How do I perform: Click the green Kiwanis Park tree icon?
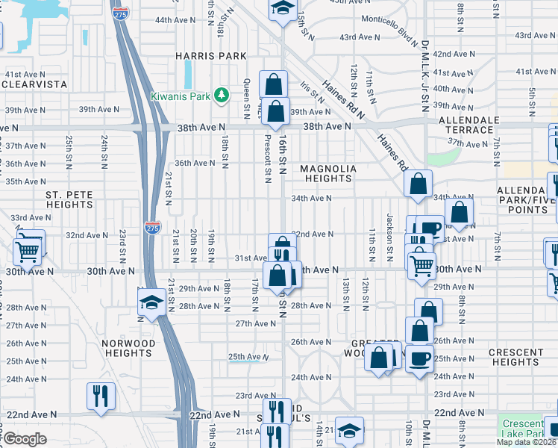click(221, 95)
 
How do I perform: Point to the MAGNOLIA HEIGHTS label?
click(328, 173)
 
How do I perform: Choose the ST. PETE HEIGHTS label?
click(69, 199)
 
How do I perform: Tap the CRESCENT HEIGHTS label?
click(515, 357)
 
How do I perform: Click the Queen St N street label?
click(246, 99)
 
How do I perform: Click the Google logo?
click(25, 439)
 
